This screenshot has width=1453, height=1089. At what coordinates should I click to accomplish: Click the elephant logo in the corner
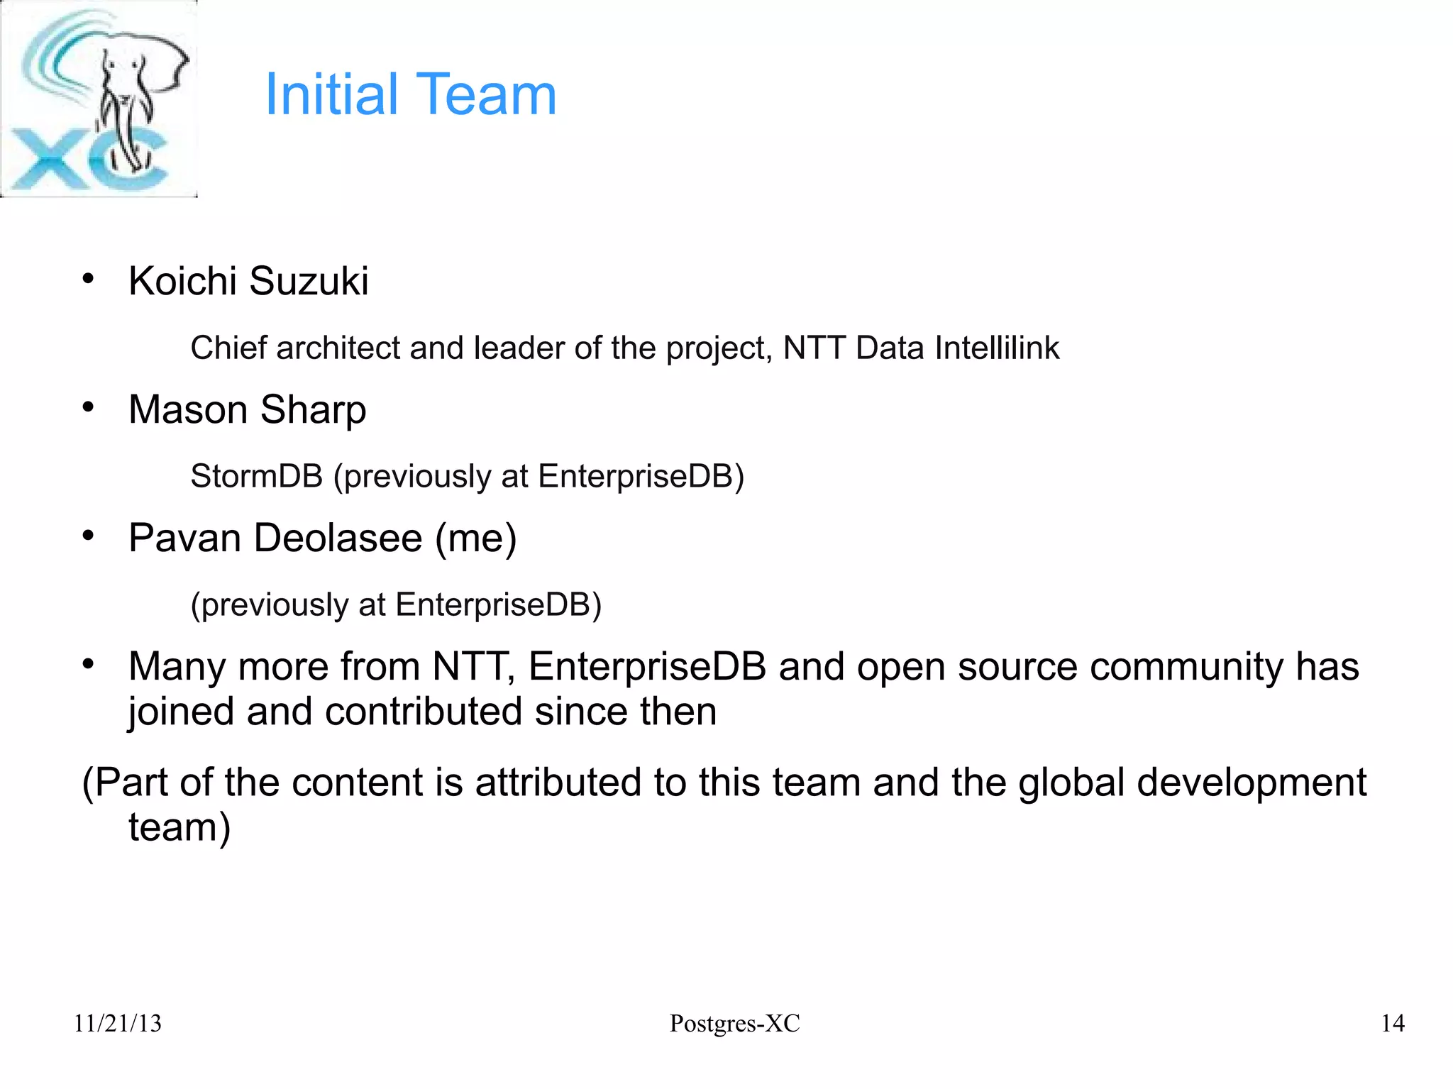pyautogui.click(x=99, y=99)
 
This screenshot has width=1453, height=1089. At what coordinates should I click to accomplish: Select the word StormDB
pyautogui.click(x=256, y=476)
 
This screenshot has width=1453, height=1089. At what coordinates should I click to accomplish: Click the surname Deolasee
pyautogui.click(x=338, y=538)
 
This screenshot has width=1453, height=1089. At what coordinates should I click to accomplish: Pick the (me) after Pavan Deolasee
pyautogui.click(x=475, y=538)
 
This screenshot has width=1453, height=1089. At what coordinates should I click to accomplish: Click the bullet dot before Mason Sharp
pyautogui.click(x=88, y=407)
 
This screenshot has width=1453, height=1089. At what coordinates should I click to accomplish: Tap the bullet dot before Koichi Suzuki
pyautogui.click(x=88, y=279)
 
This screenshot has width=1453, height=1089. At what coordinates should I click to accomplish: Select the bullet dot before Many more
pyautogui.click(x=88, y=664)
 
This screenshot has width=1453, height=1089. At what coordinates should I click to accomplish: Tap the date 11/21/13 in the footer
pyautogui.click(x=118, y=1024)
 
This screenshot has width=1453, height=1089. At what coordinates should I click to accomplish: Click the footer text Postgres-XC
pyautogui.click(x=734, y=1024)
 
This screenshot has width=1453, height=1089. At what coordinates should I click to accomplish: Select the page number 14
pyautogui.click(x=1393, y=1024)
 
